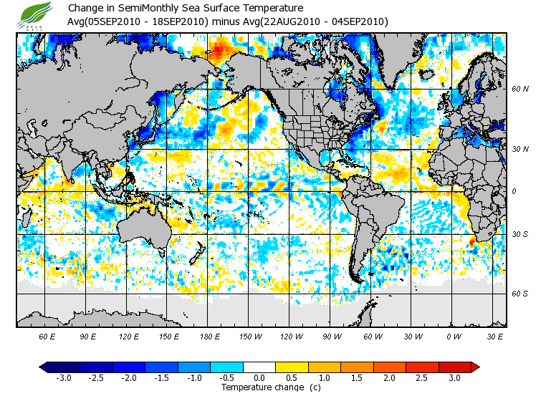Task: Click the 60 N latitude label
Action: point(520,90)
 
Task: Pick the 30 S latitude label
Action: point(520,235)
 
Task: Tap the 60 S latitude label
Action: point(520,294)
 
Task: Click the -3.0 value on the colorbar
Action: point(64,377)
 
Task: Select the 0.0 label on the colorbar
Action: point(259,377)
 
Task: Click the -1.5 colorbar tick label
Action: point(161,377)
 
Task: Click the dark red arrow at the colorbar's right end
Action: point(474,367)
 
